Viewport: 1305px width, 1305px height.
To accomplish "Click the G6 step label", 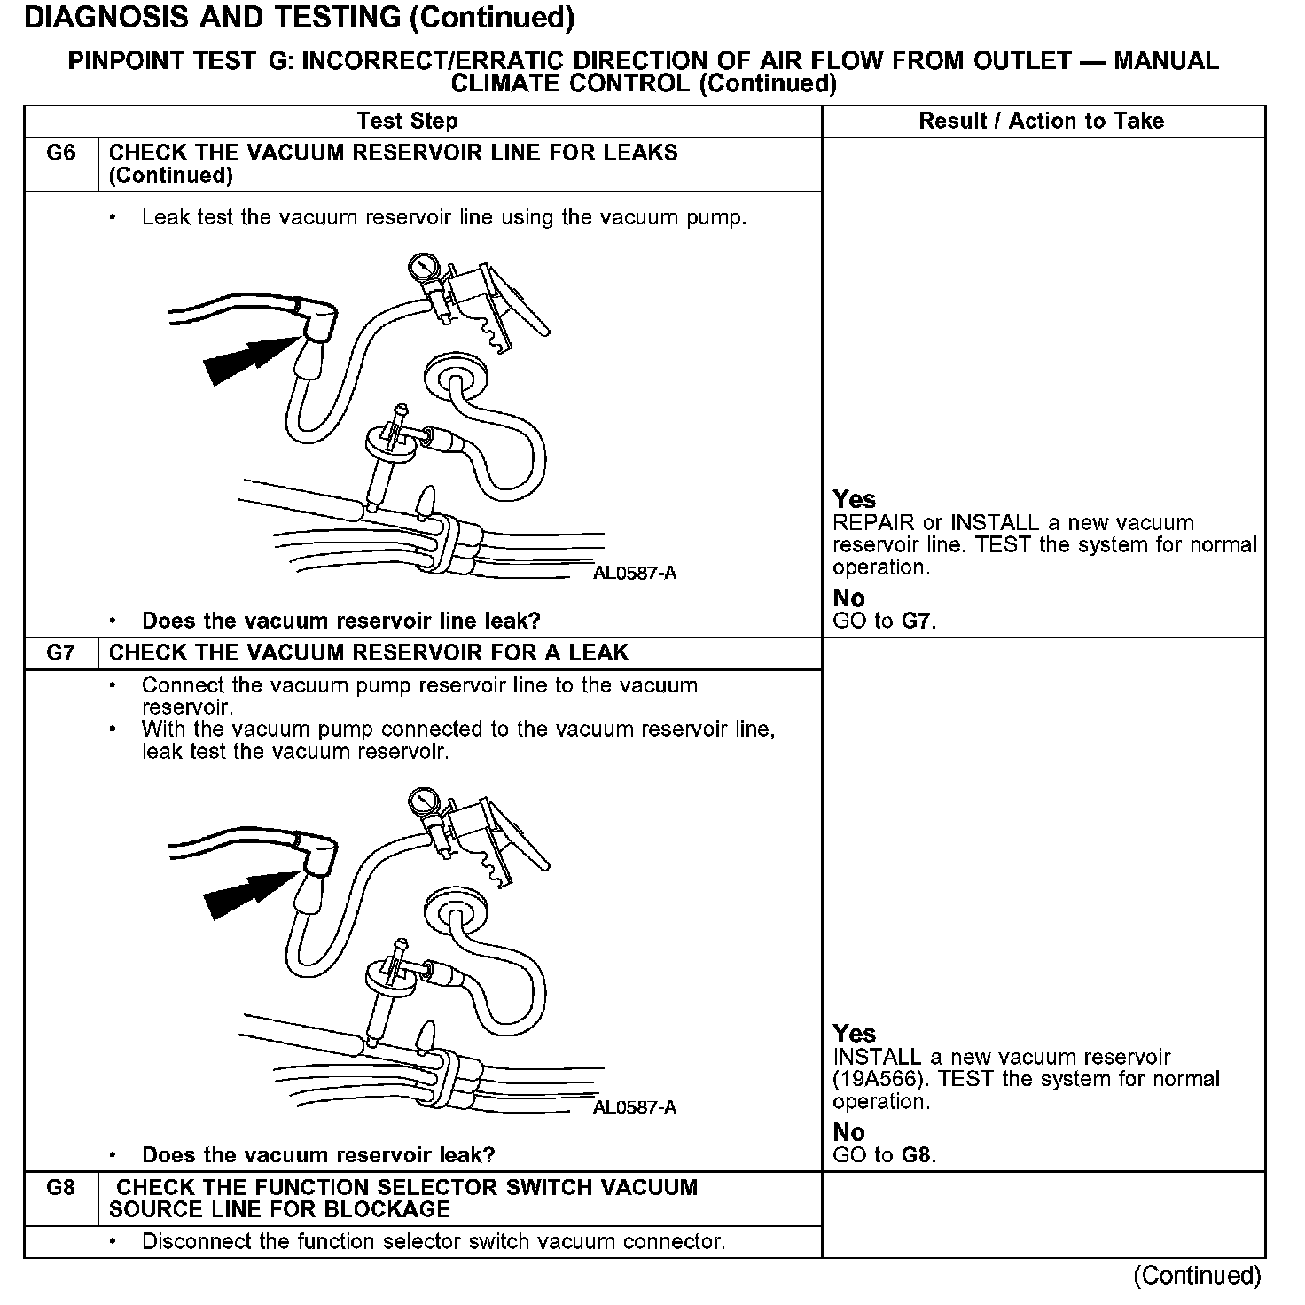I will point(60,153).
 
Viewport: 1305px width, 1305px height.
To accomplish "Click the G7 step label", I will point(60,653).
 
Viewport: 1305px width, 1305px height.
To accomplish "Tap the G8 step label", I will point(60,1188).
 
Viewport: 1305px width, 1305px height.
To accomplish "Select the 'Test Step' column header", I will point(407,121).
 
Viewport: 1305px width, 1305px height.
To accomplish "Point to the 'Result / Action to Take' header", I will point(1042,121).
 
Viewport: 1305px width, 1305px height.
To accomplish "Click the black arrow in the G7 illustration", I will point(244,894).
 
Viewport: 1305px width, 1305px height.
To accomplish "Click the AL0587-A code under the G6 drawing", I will point(635,573).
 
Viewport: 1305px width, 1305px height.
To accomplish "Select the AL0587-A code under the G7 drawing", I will point(635,1107).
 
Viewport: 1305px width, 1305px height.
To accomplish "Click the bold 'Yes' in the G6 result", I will point(854,500).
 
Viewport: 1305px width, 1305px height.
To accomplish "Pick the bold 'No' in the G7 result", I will point(848,1132).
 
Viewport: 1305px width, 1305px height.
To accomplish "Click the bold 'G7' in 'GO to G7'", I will point(917,621).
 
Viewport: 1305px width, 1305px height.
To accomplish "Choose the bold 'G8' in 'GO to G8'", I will point(917,1155).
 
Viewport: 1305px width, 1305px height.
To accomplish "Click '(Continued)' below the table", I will point(1197,1276).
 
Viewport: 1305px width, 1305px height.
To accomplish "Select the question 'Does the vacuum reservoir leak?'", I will point(318,1155).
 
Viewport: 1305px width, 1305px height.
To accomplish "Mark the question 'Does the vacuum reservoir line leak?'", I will point(341,621).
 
